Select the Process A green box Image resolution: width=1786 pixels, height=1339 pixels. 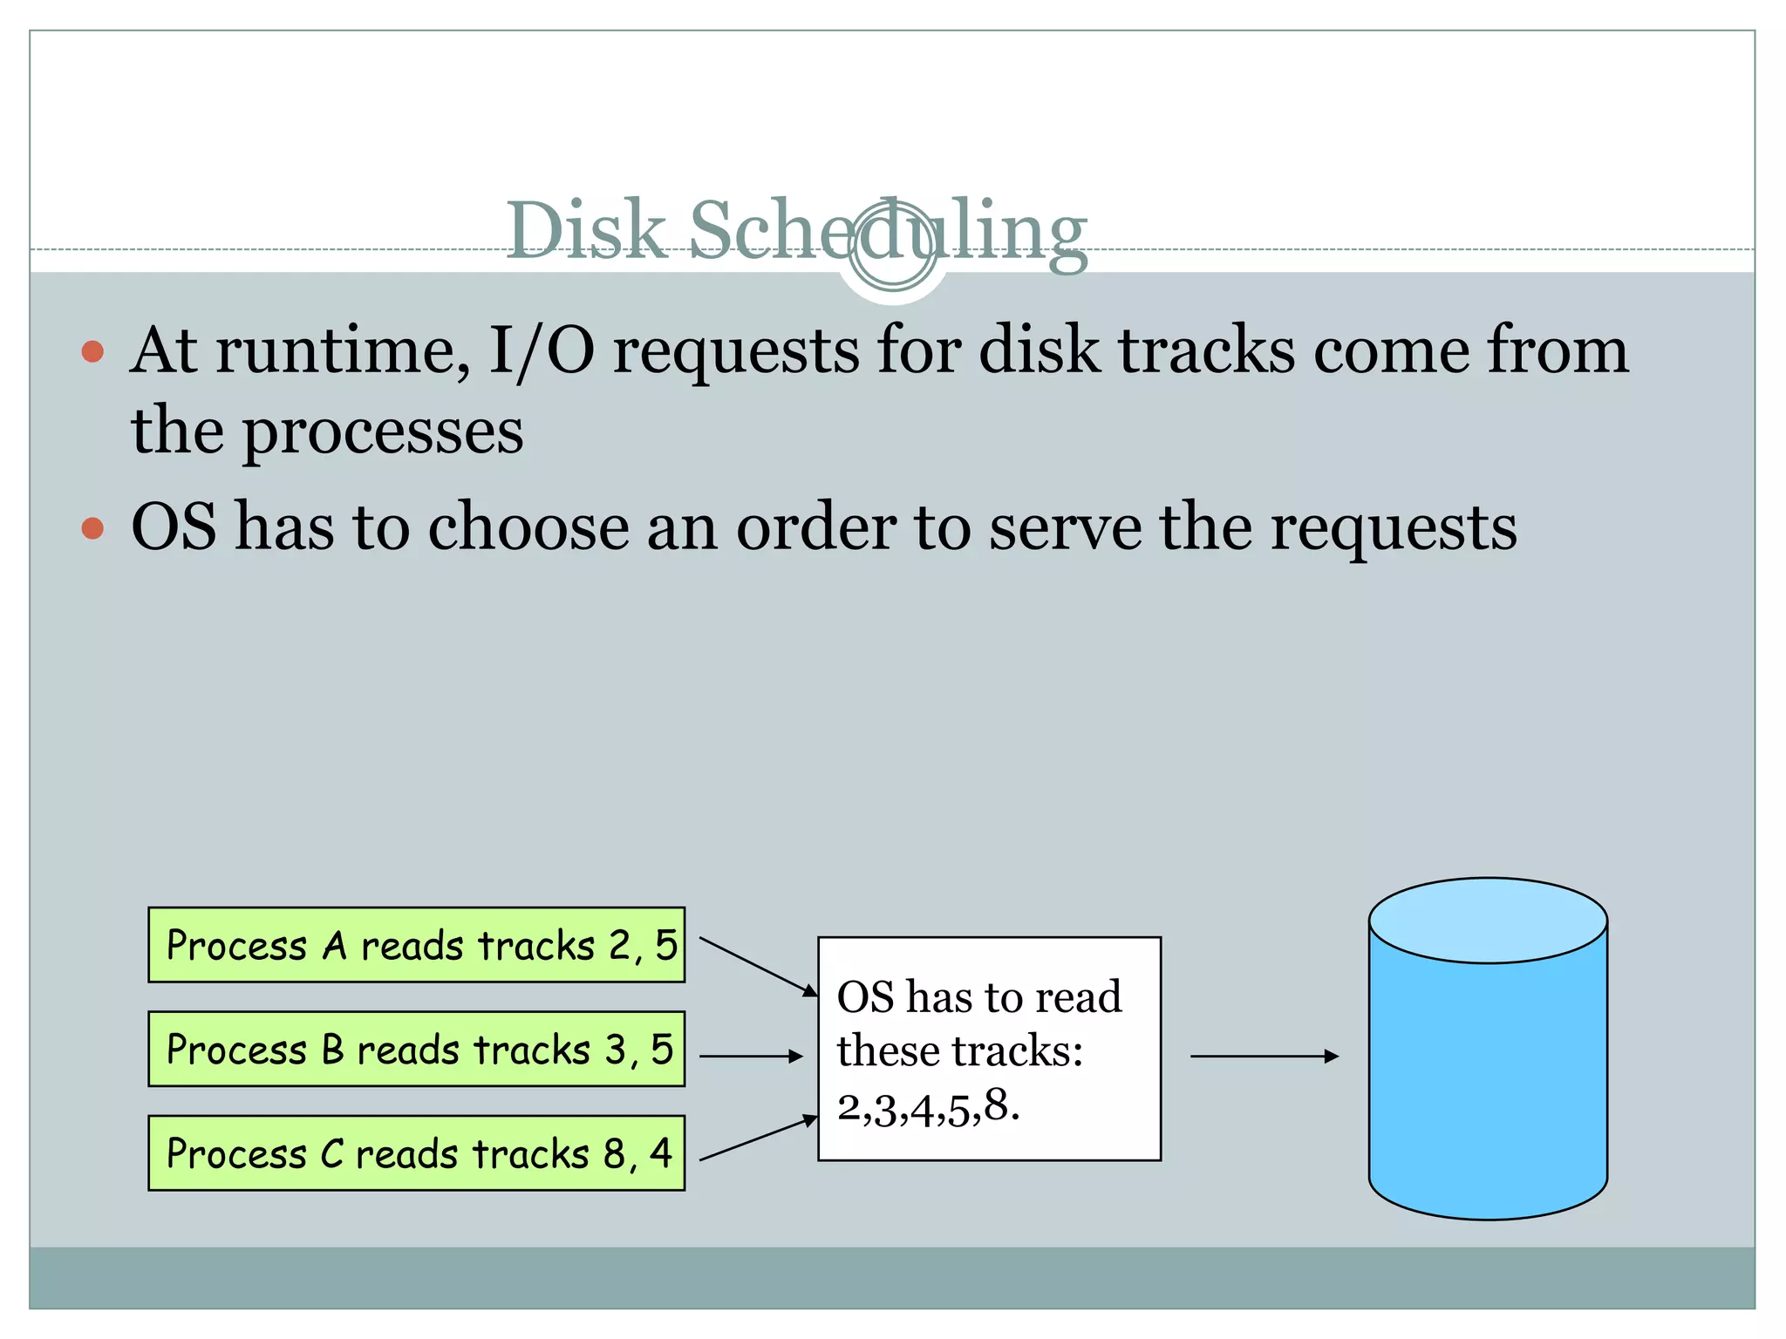pyautogui.click(x=416, y=945)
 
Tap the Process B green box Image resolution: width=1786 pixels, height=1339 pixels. pyautogui.click(x=416, y=1049)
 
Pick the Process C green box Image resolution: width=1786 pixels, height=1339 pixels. pyautogui.click(x=416, y=1152)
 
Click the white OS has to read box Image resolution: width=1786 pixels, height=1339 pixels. pyautogui.click(x=989, y=1049)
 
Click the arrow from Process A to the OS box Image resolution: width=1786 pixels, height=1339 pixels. pyautogui.click(x=757, y=967)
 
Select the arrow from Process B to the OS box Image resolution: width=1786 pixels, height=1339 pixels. pyautogui.click(x=750, y=1057)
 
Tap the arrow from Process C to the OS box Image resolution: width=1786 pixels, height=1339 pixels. pyautogui.click(x=757, y=1138)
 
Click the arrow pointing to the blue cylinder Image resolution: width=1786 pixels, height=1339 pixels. pyautogui.click(x=1264, y=1057)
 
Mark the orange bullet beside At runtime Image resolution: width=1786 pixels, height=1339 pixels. pyautogui.click(x=92, y=352)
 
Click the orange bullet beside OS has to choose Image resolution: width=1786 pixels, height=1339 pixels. pyautogui.click(x=92, y=528)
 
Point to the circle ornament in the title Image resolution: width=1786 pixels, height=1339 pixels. pyautogui.click(x=892, y=246)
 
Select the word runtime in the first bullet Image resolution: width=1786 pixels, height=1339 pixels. pyautogui.click(x=345, y=350)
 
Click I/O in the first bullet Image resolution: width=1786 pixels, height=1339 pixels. pyautogui.click(x=542, y=350)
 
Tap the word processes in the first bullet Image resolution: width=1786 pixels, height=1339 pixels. pyautogui.click(x=382, y=432)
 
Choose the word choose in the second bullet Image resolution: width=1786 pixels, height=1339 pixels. pyautogui.click(x=528, y=527)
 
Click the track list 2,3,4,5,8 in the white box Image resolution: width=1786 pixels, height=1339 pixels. pyautogui.click(x=928, y=1108)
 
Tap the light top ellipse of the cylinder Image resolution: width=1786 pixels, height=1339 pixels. pyautogui.click(x=1488, y=921)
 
